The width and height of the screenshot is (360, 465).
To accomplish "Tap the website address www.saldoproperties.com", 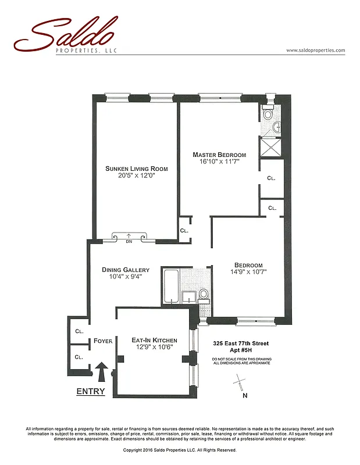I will point(316,51).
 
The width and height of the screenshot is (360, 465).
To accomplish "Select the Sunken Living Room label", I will point(136,169).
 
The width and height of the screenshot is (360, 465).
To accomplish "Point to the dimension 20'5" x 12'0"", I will point(136,176).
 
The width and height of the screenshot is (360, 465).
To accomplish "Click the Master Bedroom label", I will point(219,155).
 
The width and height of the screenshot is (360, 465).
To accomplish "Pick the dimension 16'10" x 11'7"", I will point(219,162).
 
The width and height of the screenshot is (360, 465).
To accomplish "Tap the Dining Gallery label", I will point(126,270).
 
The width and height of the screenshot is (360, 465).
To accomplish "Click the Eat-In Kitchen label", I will point(154,340).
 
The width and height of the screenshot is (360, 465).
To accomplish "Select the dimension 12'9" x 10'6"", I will point(154,347).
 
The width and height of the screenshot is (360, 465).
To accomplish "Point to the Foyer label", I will point(102,342).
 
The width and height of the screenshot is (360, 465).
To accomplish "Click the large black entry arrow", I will point(102,370).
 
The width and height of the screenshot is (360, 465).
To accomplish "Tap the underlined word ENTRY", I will point(91,392).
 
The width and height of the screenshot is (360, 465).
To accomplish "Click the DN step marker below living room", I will point(130,241).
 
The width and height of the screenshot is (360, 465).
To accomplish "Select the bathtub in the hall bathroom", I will point(171,285).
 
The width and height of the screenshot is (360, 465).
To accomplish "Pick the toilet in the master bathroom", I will point(268,114).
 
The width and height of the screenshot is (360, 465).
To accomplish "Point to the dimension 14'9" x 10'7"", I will point(248,272).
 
